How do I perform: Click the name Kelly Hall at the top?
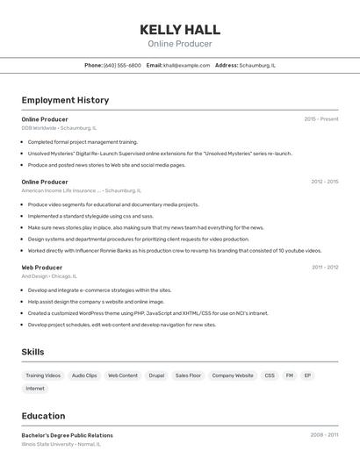[x=180, y=29]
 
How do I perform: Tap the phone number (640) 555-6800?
[x=122, y=65]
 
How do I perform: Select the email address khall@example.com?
[x=187, y=65]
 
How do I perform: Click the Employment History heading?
[x=65, y=100]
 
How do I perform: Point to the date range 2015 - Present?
[x=321, y=119]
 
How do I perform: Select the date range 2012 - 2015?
[x=324, y=182]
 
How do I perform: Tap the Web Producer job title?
[x=42, y=268]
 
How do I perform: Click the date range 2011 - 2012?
[x=325, y=268]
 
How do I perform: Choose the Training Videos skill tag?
[x=43, y=376]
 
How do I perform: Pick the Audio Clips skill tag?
[x=84, y=376]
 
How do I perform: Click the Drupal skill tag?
[x=156, y=376]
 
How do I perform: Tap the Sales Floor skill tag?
[x=188, y=376]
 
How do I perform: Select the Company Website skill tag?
[x=233, y=376]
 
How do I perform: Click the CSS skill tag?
[x=270, y=376]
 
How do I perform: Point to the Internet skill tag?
[x=35, y=388]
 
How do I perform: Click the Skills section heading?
[x=33, y=352]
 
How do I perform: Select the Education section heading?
[x=43, y=416]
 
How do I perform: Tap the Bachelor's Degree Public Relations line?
[x=67, y=435]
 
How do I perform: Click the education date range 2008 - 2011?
[x=324, y=435]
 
